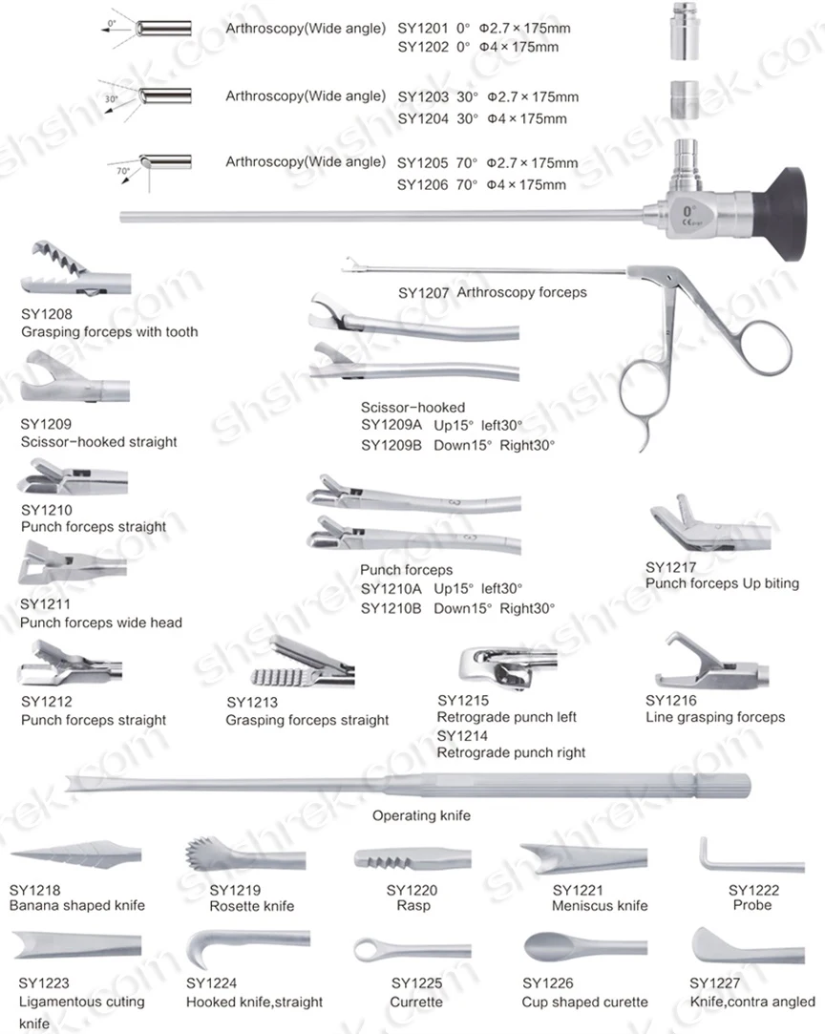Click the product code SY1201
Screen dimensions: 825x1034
[x=421, y=29]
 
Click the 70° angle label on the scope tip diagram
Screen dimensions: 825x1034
[x=123, y=172]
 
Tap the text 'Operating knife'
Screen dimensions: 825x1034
[x=421, y=816]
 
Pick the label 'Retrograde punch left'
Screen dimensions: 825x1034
[x=506, y=717]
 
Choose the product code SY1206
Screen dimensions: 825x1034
[x=421, y=185]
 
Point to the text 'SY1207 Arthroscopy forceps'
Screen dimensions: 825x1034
[x=492, y=292]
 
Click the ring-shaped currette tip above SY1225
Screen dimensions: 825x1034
[x=374, y=950]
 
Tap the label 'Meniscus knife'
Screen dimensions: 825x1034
[x=600, y=905]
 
